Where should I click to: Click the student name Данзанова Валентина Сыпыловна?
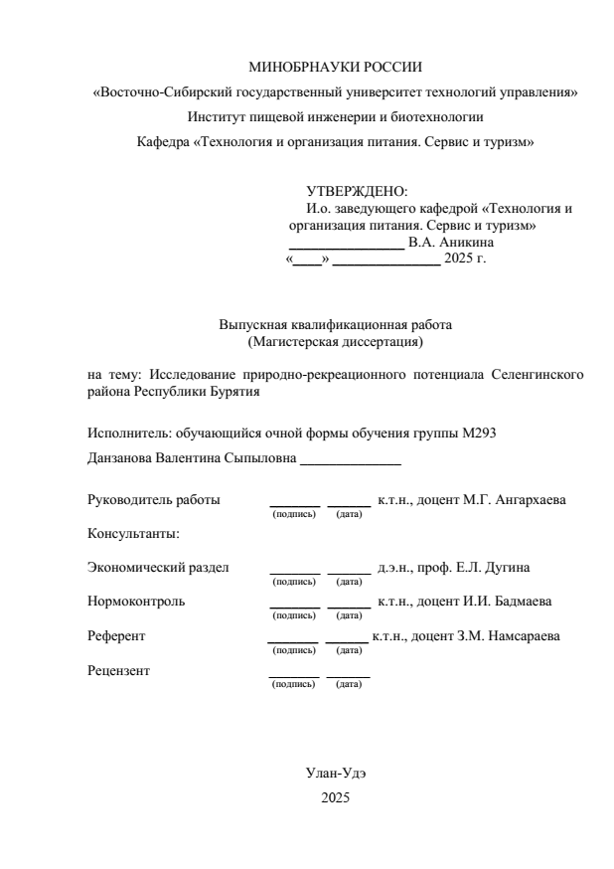(x=191, y=458)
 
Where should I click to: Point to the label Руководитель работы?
(x=154, y=499)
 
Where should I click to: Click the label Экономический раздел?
(x=158, y=568)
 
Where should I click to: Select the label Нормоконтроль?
(x=136, y=602)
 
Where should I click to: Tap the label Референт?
(x=117, y=635)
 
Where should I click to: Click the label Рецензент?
(x=119, y=669)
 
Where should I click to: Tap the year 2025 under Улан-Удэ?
(x=336, y=797)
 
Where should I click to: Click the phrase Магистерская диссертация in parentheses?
(x=336, y=343)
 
